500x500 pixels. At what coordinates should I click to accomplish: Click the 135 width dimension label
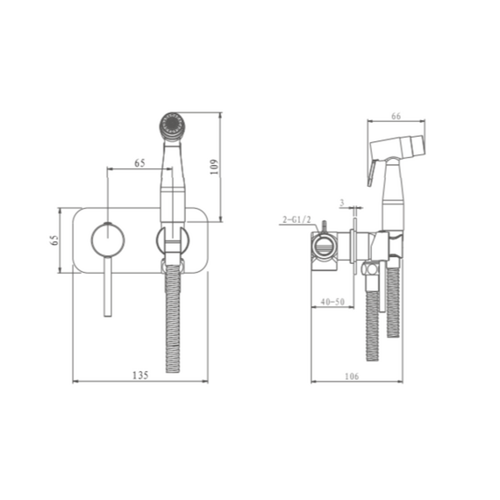click(140, 375)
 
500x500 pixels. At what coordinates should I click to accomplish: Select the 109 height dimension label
click(214, 167)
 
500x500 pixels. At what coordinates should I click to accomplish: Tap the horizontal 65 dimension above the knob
click(139, 163)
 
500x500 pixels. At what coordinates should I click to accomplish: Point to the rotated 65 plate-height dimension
click(55, 239)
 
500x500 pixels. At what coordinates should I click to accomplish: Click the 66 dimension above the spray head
click(396, 116)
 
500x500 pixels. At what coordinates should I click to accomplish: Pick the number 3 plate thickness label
click(342, 203)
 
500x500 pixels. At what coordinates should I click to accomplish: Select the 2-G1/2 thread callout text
click(296, 219)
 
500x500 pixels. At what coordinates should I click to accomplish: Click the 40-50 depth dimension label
click(332, 302)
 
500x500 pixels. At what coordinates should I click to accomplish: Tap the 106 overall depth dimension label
click(352, 376)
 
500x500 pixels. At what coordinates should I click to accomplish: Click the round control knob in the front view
click(108, 239)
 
